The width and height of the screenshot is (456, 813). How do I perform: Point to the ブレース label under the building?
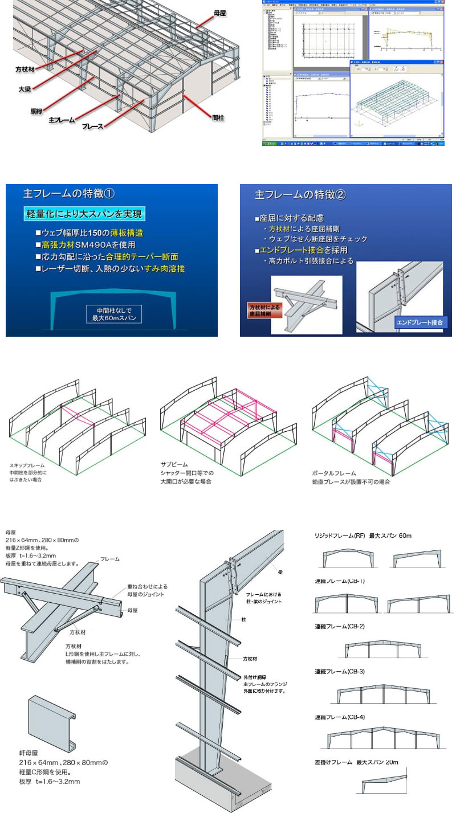(92, 126)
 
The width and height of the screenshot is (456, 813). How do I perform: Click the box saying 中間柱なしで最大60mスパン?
(113, 314)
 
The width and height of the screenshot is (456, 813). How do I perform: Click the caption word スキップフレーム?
(27, 465)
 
